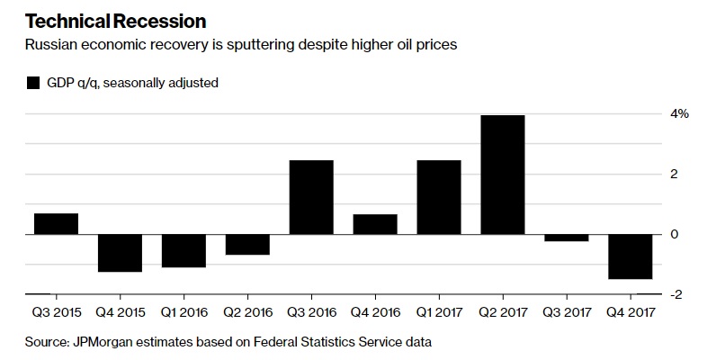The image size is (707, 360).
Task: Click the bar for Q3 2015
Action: [x=56, y=224]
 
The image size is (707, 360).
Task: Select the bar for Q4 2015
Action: [x=120, y=253]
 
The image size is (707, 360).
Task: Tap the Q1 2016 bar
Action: [x=183, y=251]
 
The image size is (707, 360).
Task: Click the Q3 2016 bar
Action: [x=311, y=197]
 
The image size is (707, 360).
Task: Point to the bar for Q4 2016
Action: [x=375, y=224]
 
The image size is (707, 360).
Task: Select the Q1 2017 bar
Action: [x=439, y=197]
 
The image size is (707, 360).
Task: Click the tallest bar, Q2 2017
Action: [x=503, y=175]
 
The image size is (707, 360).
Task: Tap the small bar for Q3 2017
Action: [x=567, y=238]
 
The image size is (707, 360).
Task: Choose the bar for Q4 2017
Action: [x=631, y=256]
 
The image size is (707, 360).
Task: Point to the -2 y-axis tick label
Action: [x=680, y=294]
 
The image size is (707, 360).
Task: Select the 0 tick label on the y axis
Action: [x=684, y=234]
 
